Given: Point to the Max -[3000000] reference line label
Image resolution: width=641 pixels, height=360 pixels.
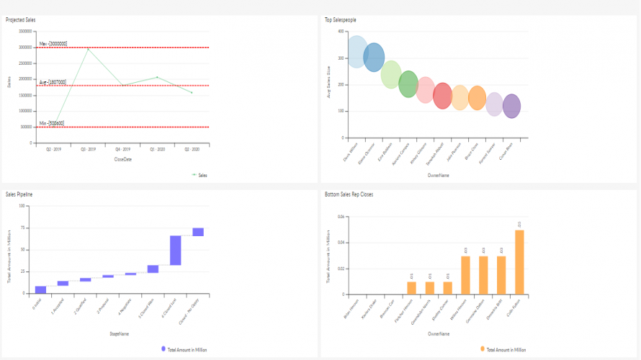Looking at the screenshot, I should [53, 44].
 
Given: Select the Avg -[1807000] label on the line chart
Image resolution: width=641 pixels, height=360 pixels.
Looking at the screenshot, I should [53, 82].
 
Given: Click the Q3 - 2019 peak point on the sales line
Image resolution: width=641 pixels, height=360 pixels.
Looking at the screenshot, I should [88, 48].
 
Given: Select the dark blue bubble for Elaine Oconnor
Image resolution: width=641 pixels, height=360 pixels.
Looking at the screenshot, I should [374, 57].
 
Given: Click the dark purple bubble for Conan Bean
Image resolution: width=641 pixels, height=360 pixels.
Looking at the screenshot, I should [511, 106].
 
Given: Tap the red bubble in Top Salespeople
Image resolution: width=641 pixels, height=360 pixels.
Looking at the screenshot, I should [442, 95].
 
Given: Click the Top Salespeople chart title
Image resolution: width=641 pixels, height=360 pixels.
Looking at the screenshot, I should [341, 19].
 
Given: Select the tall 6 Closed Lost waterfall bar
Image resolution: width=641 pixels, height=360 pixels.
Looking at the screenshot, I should [175, 250].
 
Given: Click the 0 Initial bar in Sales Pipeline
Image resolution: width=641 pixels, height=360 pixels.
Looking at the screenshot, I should [41, 289].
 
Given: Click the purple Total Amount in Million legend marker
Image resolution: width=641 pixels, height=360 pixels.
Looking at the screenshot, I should [163, 348].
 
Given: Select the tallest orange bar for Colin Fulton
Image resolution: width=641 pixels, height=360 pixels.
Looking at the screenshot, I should [519, 262].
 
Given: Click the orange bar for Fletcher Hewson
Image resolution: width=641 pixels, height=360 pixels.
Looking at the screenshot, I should [411, 288].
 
